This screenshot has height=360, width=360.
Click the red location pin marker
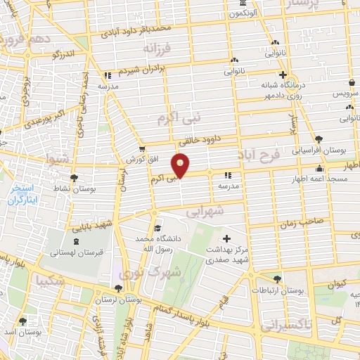[x=182, y=166]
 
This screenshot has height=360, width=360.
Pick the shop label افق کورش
[x=142, y=160]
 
